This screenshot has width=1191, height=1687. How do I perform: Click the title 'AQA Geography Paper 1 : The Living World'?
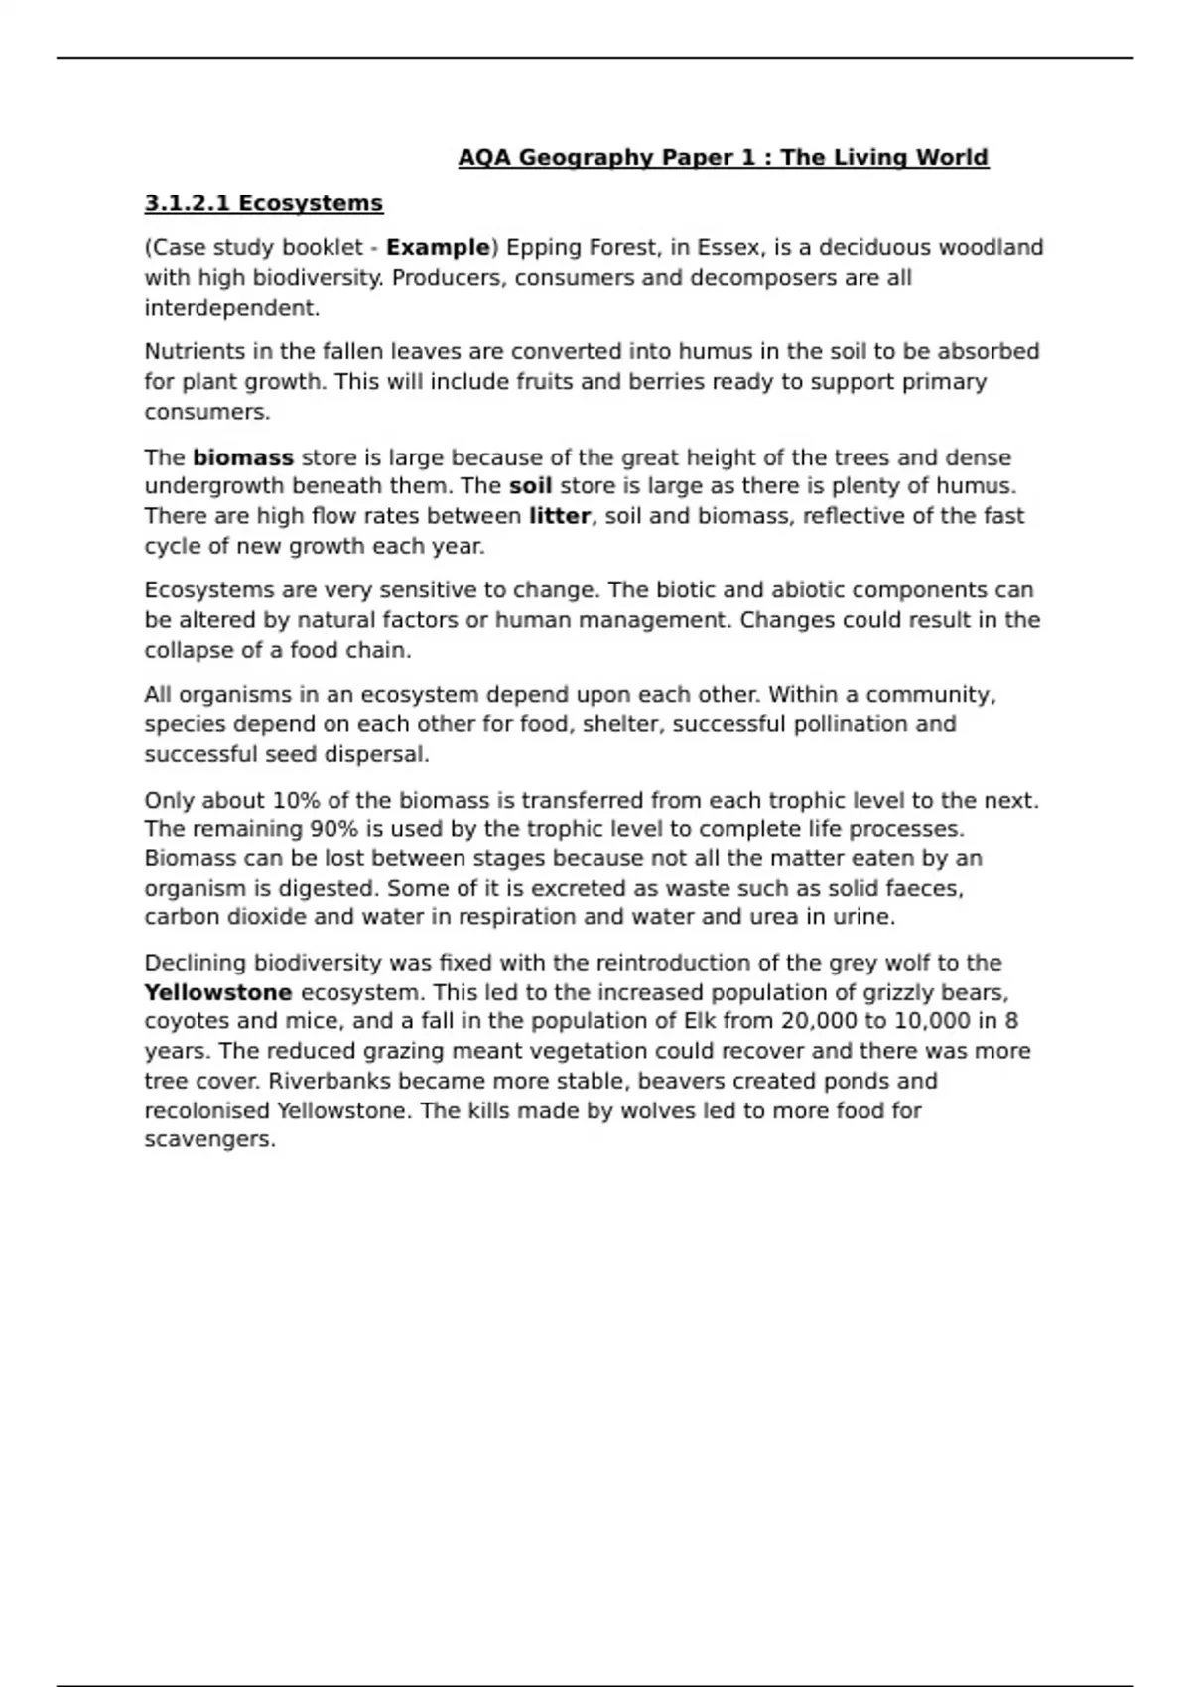(723, 158)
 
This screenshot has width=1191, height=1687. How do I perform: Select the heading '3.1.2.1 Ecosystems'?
(263, 203)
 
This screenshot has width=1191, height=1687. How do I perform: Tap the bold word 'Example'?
(438, 247)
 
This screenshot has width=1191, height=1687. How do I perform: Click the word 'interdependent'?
(229, 308)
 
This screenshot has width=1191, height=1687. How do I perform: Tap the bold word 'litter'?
(560, 516)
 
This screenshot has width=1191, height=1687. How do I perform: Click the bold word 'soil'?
(530, 486)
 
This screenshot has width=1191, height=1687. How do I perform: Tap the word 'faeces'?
(927, 888)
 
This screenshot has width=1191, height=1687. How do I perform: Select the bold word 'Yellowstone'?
(218, 992)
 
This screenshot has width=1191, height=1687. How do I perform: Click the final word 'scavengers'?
(207, 1140)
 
